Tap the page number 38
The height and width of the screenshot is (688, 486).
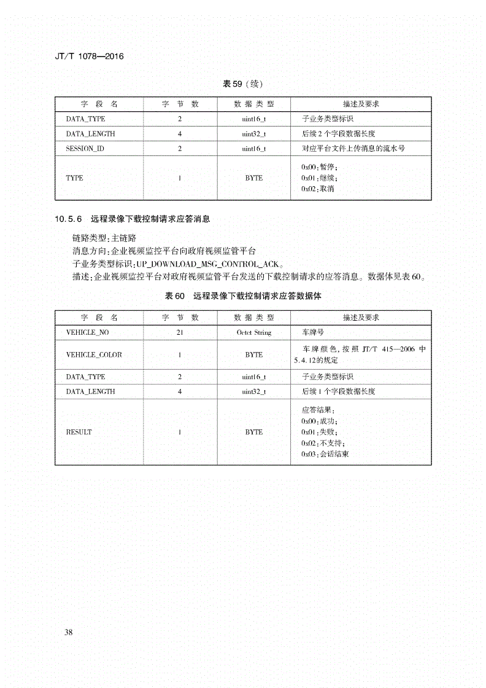point(68,632)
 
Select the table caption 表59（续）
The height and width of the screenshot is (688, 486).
point(242,84)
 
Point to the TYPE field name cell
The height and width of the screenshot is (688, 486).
point(74,178)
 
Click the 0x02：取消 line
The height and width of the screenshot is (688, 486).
point(318,189)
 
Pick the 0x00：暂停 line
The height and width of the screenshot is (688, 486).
point(319,167)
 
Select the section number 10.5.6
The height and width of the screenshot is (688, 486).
point(69,219)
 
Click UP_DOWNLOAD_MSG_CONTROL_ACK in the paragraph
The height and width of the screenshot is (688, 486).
point(207,264)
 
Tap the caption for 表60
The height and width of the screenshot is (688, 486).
point(244,296)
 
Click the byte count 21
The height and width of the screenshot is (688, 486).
point(180,332)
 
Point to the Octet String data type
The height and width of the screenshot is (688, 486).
point(253,332)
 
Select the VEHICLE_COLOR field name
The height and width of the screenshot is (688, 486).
point(94,355)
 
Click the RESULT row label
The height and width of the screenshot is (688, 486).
point(79,432)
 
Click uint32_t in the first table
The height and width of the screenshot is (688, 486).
point(253,134)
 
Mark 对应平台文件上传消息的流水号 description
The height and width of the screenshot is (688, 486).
point(353,149)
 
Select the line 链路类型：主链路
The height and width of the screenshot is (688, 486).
point(104,237)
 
